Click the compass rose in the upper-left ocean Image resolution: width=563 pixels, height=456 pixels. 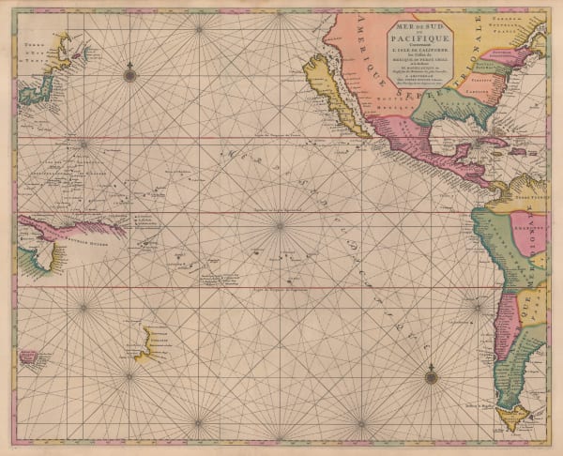tap(129, 69)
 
